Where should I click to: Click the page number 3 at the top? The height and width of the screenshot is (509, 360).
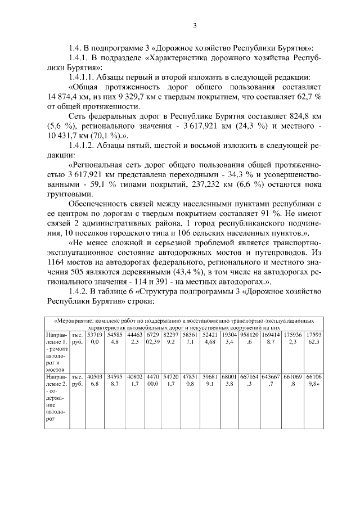tap(194, 25)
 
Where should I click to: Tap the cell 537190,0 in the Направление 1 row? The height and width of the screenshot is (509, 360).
tap(94, 339)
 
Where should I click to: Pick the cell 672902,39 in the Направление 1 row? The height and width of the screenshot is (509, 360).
tap(154, 339)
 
